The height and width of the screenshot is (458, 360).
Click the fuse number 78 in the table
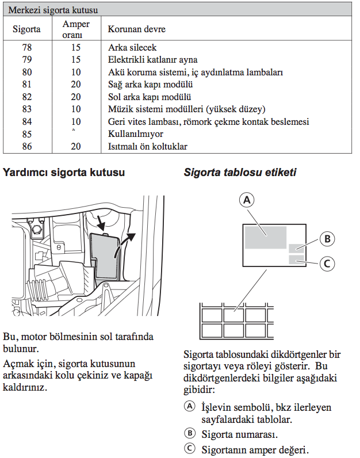point(26,47)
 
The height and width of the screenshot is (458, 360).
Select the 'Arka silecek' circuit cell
point(132,47)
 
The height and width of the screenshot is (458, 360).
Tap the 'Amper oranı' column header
point(76,28)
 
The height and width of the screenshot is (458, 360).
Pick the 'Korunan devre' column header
point(133,28)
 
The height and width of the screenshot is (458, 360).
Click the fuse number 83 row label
point(26,109)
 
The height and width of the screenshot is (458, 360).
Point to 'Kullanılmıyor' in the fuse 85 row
point(136,134)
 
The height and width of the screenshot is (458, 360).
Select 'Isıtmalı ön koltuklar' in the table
point(148,147)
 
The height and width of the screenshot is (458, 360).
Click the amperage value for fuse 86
point(76,147)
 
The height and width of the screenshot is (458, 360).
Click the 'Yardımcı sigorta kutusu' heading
point(64,171)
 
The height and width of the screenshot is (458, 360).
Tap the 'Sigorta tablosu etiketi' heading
point(240,171)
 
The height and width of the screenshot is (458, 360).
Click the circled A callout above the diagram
point(246,200)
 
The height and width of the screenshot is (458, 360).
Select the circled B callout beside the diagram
point(327,239)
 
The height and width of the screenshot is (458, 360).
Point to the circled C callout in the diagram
point(327,264)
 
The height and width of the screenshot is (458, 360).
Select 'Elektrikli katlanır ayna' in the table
point(153,60)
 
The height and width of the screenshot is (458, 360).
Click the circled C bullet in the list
point(189,449)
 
